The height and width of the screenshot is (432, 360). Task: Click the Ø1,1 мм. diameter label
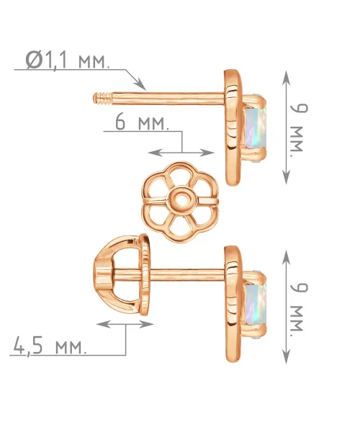tap(68, 60)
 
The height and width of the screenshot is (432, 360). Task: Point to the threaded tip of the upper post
tap(102, 99)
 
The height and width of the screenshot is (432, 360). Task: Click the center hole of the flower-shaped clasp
tap(181, 199)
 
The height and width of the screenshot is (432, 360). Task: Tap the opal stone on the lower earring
tap(256, 302)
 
